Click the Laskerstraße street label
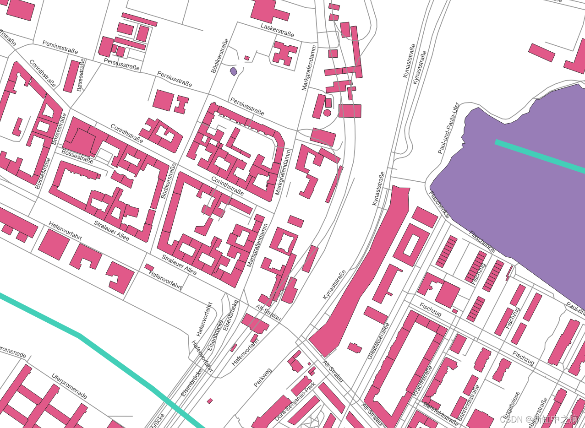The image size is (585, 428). tap(277, 30)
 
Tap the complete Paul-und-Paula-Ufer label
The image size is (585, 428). tap(448, 128)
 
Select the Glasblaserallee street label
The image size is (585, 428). tap(378, 341)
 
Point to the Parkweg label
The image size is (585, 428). tap(262, 377)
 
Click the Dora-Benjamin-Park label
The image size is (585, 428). tap(295, 402)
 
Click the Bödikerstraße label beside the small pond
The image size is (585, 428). tap(220, 56)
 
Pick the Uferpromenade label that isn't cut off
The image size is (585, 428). tap(69, 386)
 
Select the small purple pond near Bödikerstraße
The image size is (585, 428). tap(234, 71)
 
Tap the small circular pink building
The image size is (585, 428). tap(327, 112)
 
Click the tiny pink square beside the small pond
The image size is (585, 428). tap(247, 58)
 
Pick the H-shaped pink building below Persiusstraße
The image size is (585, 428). tap(181, 104)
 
